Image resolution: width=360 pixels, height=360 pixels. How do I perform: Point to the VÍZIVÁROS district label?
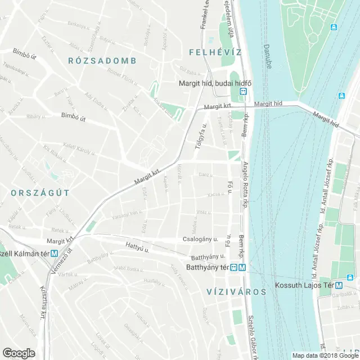click(x=228, y=291)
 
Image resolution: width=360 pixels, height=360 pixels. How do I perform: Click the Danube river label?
click(x=268, y=56)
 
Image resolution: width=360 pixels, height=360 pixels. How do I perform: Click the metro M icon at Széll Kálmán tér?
click(x=54, y=253)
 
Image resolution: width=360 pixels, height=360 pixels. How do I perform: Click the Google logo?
click(x=18, y=353)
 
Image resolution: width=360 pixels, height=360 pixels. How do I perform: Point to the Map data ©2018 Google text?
click(x=323, y=355)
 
